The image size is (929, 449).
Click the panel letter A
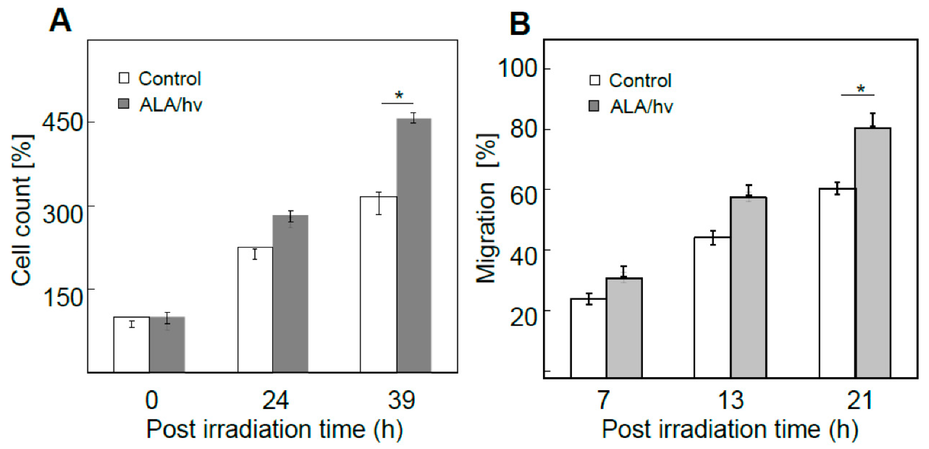(60, 21)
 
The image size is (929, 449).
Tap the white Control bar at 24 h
(255, 310)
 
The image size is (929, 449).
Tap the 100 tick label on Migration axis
(517, 68)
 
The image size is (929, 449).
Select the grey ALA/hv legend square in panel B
(594, 106)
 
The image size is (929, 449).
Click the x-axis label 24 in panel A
(275, 400)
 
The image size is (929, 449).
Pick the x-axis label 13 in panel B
(731, 400)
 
